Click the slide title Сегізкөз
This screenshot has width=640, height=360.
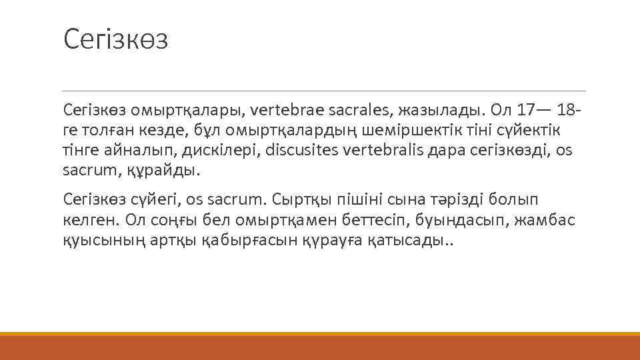point(116,39)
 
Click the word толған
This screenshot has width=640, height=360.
point(109,129)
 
